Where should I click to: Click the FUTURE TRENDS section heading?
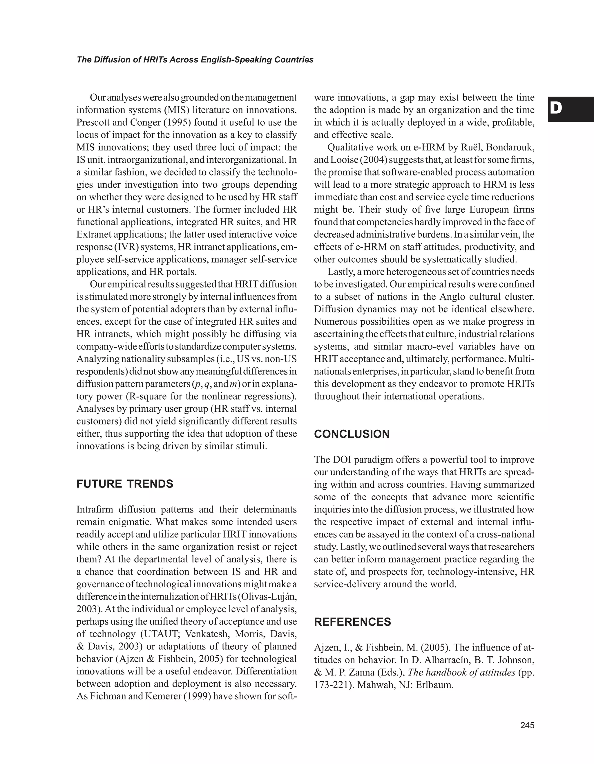(125, 484)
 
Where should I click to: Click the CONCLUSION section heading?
(352, 434)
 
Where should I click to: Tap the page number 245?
(527, 725)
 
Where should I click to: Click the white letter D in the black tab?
(556, 109)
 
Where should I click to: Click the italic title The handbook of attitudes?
(461, 672)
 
